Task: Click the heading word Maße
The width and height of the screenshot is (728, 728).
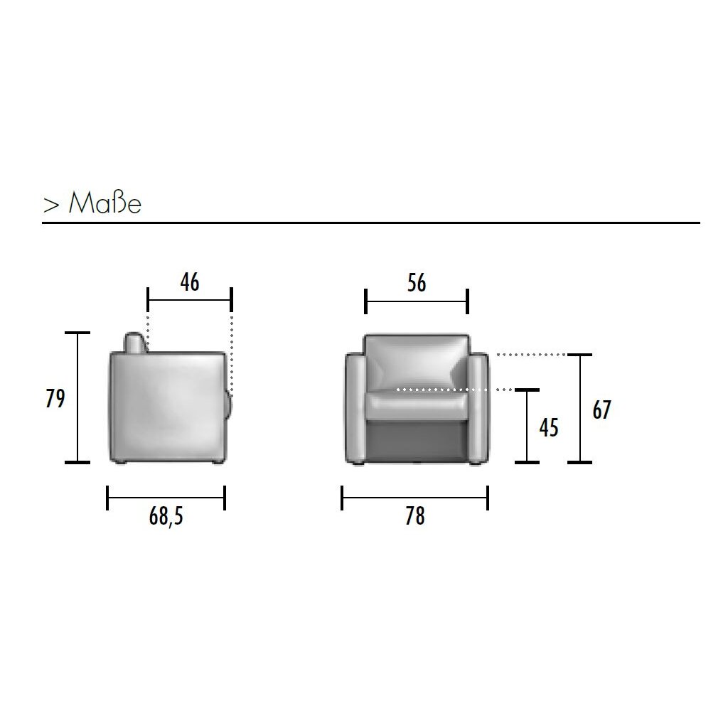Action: [105, 203]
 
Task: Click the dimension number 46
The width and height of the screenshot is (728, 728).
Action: [190, 283]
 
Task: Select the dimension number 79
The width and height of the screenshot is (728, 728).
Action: [55, 399]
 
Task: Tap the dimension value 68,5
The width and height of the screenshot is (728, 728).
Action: [166, 516]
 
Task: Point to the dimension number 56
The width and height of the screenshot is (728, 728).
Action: [417, 283]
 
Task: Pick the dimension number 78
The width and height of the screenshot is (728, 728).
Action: [414, 516]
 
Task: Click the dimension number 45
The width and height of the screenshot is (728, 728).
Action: [548, 428]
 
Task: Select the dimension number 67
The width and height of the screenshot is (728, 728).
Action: [601, 410]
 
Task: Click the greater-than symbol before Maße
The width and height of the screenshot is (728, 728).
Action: [51, 205]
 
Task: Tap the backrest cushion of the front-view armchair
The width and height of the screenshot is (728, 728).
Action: [417, 362]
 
